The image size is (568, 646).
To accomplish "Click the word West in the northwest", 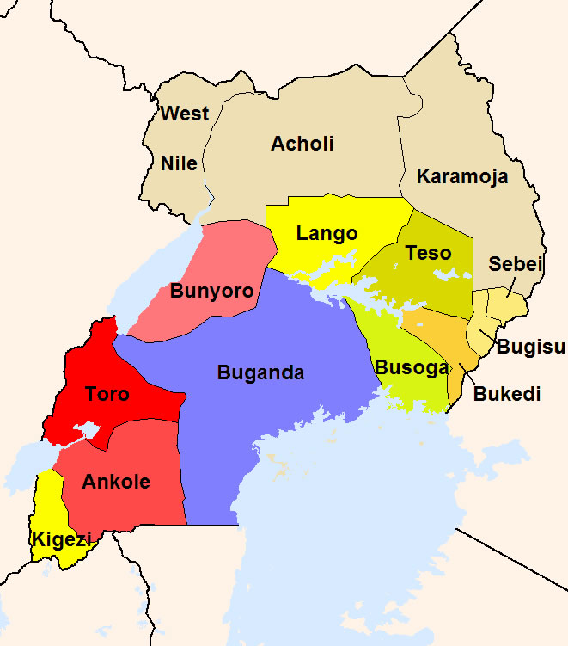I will coord(185,114).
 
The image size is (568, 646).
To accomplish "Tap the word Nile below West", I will coord(179,163).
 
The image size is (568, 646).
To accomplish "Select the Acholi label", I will coord(302,144).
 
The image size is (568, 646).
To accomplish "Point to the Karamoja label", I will coord(462,177).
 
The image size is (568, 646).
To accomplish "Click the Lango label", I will coord(327,233).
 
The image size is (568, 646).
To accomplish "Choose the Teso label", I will coord(428,253).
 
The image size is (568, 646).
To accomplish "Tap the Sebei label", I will coord(516,264).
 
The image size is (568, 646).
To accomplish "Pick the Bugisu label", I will coord(531,348).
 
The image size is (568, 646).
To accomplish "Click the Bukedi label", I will coord(507,394).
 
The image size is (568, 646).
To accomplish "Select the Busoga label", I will coord(411,368).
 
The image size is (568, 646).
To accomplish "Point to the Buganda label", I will coord(260,373).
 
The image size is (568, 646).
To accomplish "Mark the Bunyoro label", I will coord(211,291).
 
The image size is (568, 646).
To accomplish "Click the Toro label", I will coord(107,395).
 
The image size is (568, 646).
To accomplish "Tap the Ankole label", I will coord(116,482).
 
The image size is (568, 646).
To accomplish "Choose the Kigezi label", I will coord(61,539).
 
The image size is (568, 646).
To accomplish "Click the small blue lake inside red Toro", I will coord(87,429).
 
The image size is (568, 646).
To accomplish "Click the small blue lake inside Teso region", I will coord(447,275).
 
